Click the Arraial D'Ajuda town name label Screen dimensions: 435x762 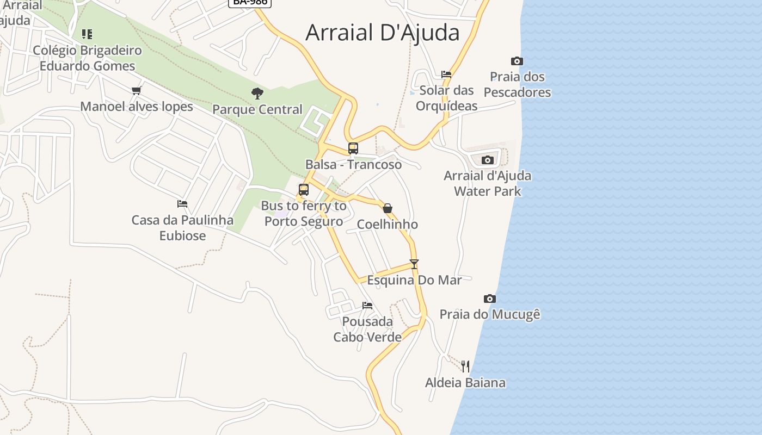[383, 33]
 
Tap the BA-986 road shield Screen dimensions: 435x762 [249, 2]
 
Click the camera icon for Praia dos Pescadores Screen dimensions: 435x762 [517, 61]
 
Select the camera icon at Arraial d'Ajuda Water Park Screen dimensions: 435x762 [488, 160]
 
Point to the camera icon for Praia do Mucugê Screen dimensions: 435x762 [490, 299]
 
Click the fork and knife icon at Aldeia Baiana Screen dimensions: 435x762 [465, 366]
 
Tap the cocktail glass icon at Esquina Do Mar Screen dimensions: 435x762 [414, 264]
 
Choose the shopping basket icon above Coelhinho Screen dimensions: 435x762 [388, 208]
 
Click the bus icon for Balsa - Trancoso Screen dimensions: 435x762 [353, 148]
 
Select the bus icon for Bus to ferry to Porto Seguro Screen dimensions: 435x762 [304, 189]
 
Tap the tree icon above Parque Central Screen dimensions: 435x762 [257, 94]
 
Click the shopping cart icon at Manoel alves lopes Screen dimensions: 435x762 [137, 90]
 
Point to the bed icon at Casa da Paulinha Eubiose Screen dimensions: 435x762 [182, 204]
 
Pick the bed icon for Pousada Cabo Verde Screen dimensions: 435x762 [367, 306]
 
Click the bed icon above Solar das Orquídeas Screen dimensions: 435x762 [446, 74]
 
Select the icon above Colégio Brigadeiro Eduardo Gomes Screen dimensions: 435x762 [87, 34]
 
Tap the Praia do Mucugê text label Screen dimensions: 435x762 [490, 314]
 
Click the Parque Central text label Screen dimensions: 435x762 [257, 109]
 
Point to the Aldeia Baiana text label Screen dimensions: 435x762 [465, 382]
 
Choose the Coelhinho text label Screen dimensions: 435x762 [388, 224]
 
